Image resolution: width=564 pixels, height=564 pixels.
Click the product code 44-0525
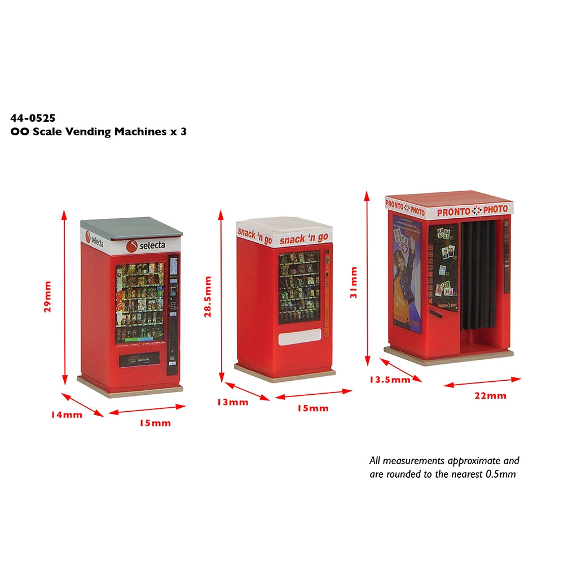(33, 118)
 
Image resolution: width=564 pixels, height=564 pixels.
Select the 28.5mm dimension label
(208, 297)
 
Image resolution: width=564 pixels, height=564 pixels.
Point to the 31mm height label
(354, 283)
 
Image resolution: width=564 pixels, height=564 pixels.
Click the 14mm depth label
(66, 415)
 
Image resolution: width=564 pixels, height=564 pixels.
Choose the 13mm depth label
(232, 402)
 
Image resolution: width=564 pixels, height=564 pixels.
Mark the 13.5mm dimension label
(390, 380)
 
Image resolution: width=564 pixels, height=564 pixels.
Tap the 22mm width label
(490, 395)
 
